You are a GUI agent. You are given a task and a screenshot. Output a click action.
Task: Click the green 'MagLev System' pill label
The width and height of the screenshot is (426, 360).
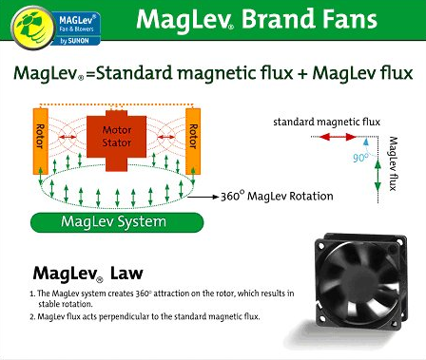pyautogui.click(x=113, y=222)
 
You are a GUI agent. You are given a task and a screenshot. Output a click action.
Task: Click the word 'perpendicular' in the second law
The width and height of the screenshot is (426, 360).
pyautogui.click(x=119, y=315)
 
